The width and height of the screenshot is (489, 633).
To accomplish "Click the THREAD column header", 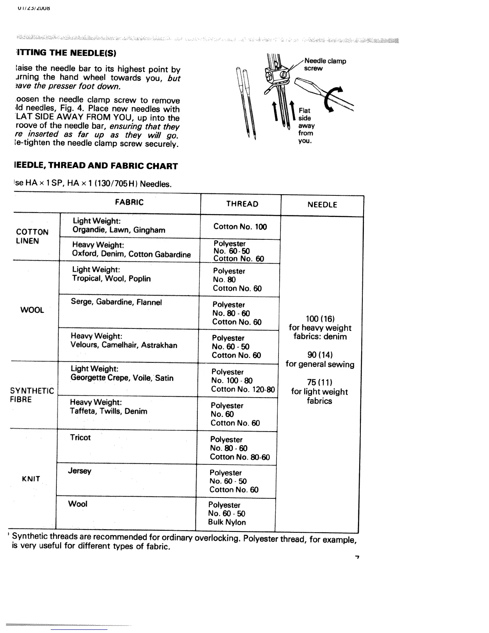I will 242,204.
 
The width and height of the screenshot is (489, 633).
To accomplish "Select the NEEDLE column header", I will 322,205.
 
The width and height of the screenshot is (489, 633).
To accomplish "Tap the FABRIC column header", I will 129,202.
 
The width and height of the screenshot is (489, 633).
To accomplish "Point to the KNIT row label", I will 31,479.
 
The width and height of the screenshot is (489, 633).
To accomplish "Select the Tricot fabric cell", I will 80,438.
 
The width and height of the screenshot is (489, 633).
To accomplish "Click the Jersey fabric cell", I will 80,471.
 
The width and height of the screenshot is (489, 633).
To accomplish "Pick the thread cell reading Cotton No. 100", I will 240,227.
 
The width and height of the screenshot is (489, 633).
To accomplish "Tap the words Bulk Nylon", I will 227,522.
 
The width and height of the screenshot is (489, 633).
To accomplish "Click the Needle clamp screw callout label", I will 325,64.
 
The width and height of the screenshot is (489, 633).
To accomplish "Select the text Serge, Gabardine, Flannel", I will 116,302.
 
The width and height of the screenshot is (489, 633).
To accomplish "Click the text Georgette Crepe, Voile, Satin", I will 122,378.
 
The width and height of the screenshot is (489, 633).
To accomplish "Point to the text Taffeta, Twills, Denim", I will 109,411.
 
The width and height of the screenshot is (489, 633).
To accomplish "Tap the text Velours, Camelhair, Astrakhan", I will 124,345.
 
